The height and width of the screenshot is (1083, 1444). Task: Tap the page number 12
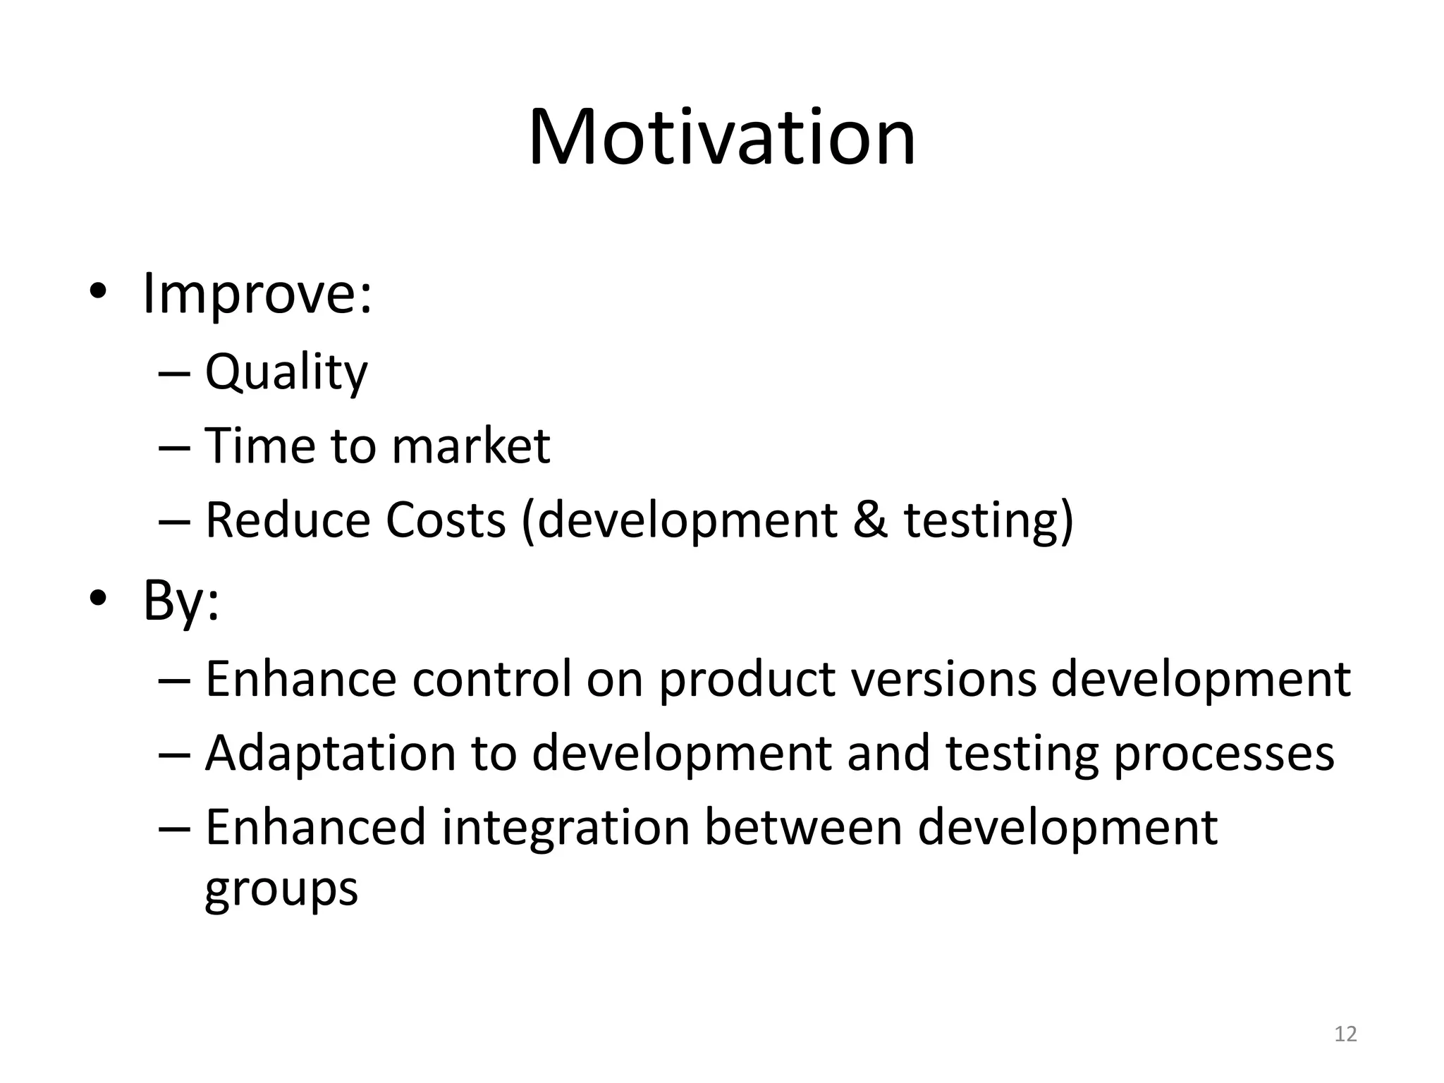coord(1345,1034)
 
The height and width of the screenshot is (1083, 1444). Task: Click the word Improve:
coord(257,295)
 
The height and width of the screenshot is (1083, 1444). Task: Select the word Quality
coord(286,372)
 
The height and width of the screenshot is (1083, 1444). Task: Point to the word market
coord(470,446)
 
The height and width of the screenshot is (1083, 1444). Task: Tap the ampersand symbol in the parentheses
coord(870,520)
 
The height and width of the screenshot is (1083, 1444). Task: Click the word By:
coord(181,601)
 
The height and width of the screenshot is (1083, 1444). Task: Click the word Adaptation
coord(331,753)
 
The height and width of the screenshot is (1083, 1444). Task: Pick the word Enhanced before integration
coord(316,827)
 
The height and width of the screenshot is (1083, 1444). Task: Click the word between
coord(803,827)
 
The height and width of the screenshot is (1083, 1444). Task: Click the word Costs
coord(446,520)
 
